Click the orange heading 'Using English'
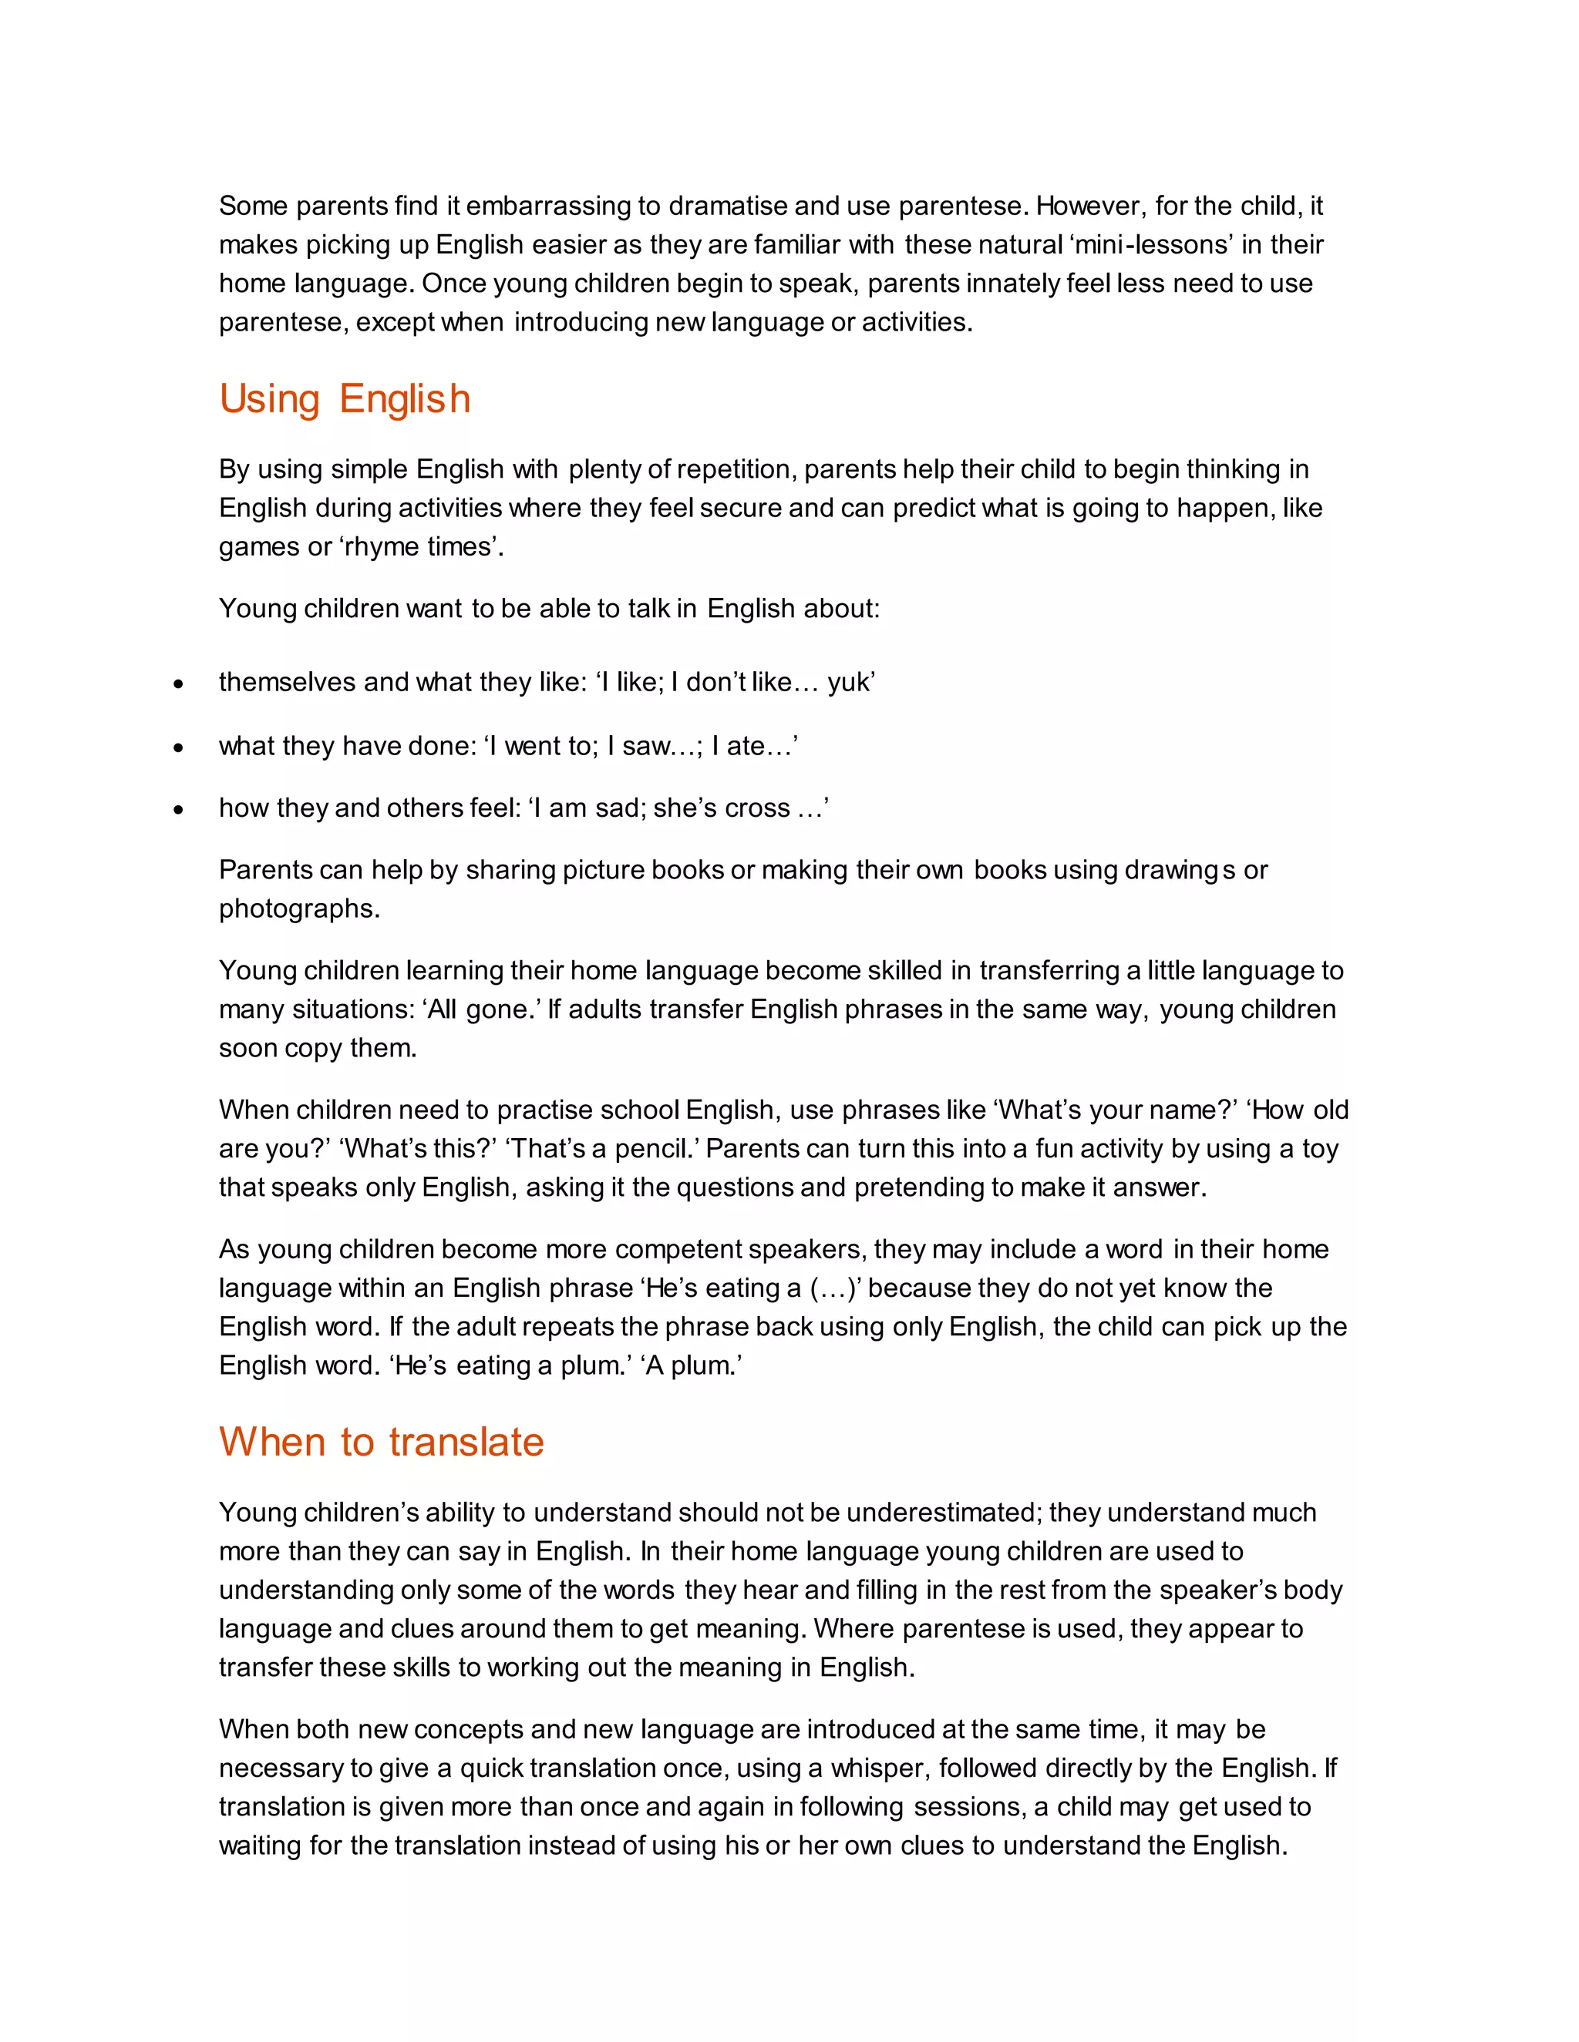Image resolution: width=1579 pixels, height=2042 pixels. tap(344, 399)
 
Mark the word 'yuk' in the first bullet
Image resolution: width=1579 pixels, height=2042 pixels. tap(848, 683)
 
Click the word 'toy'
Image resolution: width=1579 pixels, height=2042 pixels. tap(1320, 1149)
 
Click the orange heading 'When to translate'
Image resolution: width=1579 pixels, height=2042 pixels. tap(382, 1442)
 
